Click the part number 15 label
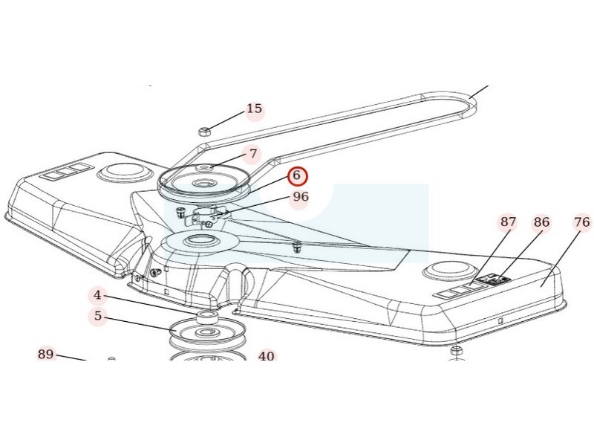tap(254, 109)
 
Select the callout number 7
tap(253, 154)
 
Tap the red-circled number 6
tap(297, 175)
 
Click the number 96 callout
tap(301, 197)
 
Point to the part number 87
tap(508, 222)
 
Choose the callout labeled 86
tap(541, 222)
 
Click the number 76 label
tap(582, 222)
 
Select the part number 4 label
tap(98, 295)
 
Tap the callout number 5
tap(98, 315)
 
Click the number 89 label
tap(45, 355)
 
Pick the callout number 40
tap(266, 356)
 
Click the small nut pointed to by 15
tap(205, 132)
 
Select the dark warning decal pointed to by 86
tap(494, 279)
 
